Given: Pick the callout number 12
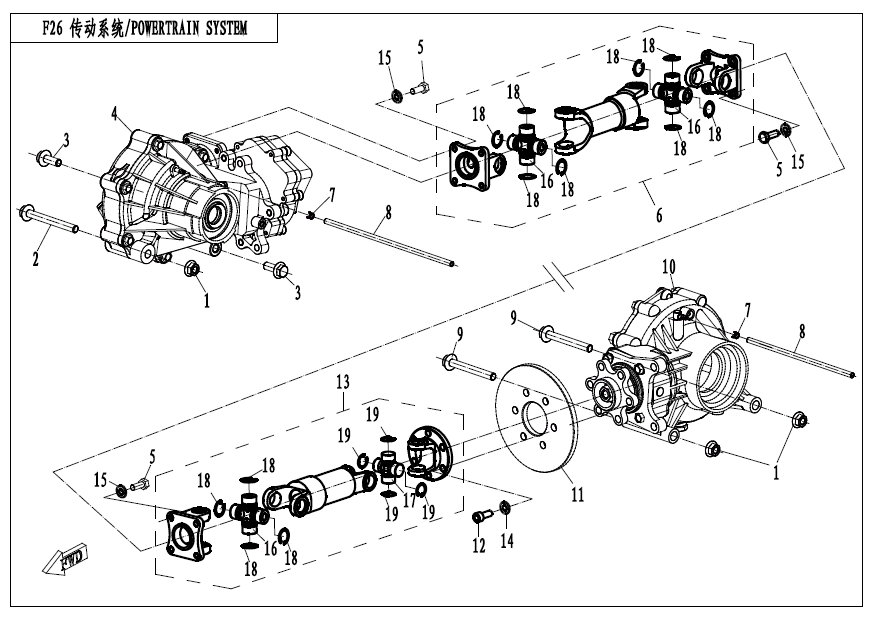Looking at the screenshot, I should (x=479, y=546).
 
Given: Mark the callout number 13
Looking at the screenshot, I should (x=342, y=383).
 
